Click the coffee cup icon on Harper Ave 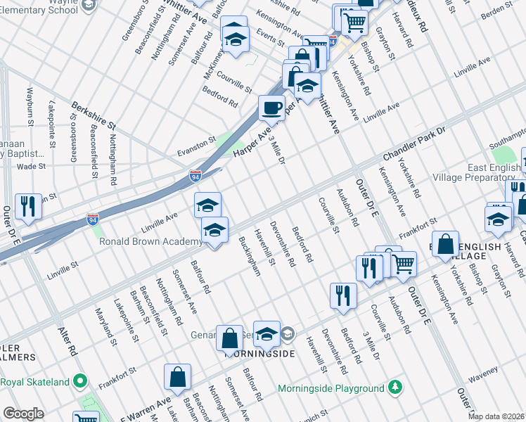[x=271, y=108]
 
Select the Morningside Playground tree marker [x=397, y=388]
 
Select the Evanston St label [x=196, y=143]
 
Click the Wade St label [x=31, y=167]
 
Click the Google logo [x=23, y=414]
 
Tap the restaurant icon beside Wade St [x=28, y=205]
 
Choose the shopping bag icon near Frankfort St [x=445, y=244]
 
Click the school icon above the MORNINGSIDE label [x=267, y=334]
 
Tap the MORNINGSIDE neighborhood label [x=259, y=353]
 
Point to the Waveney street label [x=482, y=369]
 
